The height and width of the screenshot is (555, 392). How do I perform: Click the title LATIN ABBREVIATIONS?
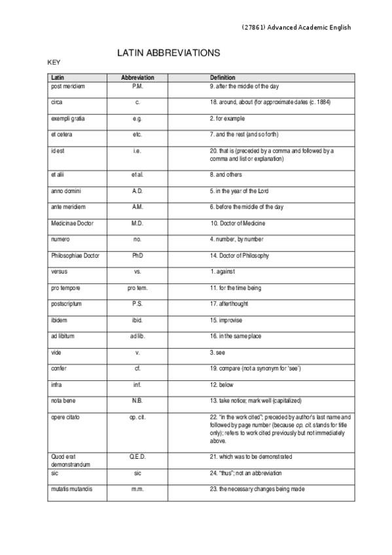pos(168,52)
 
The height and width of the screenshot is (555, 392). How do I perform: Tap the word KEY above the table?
pos(54,63)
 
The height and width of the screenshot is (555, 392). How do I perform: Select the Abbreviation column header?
pos(137,78)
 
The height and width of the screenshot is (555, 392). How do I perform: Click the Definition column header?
pos(223,78)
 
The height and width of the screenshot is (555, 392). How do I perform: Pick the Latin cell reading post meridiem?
pos(67,86)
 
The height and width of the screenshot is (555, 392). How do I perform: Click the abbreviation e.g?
pos(137,119)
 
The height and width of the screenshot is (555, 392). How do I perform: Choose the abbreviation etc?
pos(137,135)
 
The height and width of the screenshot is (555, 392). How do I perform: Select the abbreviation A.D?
pos(137,190)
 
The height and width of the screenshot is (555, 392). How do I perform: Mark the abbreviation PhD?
pos(137,255)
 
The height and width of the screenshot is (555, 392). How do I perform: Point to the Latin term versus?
pos(59,272)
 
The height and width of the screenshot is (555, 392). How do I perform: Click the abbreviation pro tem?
pos(137,288)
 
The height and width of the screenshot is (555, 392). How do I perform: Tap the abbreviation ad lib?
pos(137,336)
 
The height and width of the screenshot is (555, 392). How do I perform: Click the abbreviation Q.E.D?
pos(137,456)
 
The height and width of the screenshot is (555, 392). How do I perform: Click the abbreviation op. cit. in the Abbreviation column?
pos(137,417)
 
